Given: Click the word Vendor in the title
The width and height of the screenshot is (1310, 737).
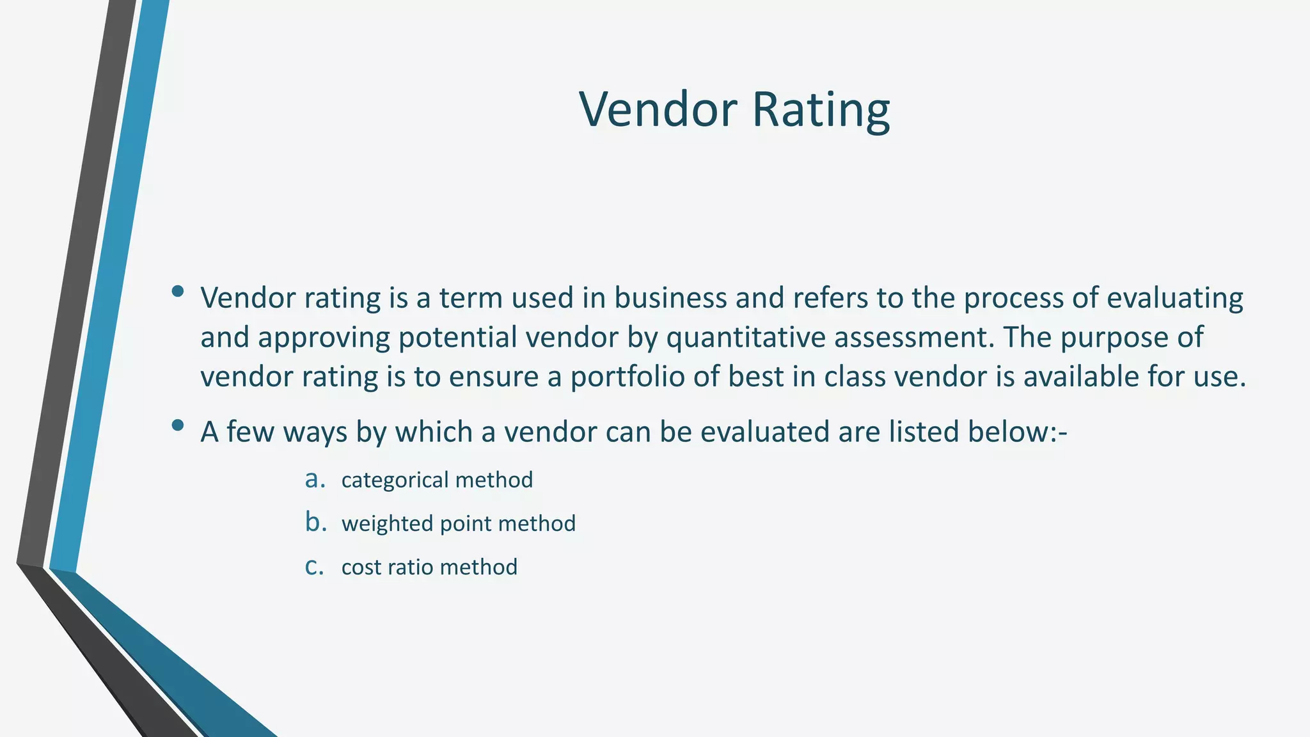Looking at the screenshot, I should (658, 109).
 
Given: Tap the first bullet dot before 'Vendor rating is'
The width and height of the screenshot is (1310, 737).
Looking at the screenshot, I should (178, 292).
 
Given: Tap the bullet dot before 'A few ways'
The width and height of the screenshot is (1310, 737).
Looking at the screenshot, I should (178, 425).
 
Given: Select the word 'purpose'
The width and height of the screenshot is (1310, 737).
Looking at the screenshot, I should (1114, 338).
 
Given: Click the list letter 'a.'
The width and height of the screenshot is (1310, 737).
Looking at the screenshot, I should (315, 479).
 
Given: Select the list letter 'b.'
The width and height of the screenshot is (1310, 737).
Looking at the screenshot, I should (315, 523).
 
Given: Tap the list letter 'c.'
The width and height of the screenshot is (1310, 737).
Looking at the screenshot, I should (314, 566).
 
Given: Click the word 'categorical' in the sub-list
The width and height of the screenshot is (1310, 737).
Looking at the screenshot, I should (395, 480).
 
